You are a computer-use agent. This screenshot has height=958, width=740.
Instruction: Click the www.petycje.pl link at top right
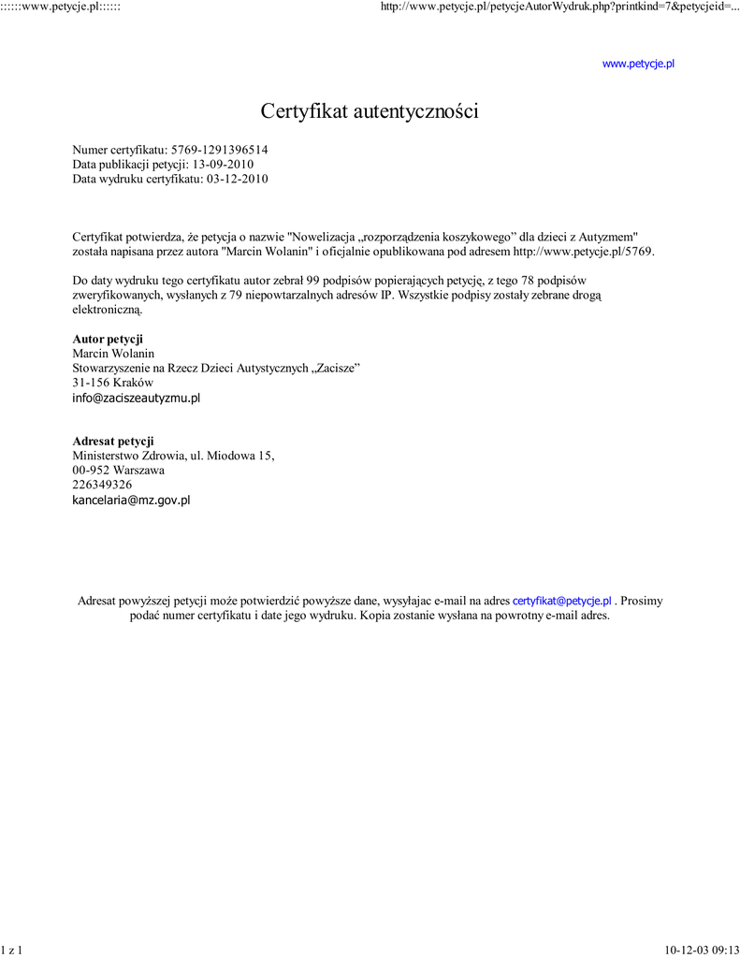[638, 64]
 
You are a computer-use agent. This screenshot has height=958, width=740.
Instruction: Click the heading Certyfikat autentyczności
[370, 112]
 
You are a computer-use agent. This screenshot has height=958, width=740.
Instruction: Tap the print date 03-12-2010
[238, 180]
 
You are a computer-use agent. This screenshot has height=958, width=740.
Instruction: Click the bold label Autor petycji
[108, 339]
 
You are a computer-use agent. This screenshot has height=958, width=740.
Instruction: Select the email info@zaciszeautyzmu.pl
[137, 398]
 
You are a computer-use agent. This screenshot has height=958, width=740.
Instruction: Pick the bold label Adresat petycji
[113, 441]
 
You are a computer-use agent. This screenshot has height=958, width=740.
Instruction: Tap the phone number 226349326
[102, 485]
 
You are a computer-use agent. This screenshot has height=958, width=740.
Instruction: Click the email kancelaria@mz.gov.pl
[131, 501]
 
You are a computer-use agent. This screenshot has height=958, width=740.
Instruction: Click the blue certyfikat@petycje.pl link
[561, 601]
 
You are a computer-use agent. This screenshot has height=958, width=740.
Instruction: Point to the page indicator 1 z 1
[11, 950]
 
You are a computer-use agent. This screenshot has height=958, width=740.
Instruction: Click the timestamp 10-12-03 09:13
[702, 950]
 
